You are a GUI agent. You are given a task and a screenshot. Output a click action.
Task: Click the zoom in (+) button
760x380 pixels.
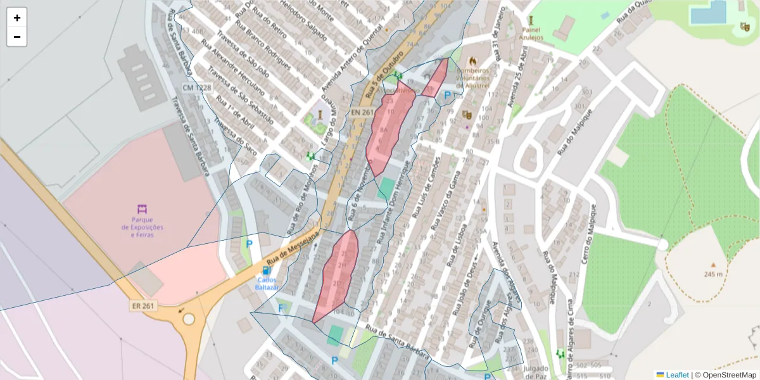point(17,18)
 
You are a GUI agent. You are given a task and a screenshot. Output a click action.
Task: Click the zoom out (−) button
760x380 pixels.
point(17,37)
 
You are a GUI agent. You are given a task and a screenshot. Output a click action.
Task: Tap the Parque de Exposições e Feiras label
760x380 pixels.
point(142,227)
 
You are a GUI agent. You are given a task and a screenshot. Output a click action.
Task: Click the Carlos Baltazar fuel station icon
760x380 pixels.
point(266,270)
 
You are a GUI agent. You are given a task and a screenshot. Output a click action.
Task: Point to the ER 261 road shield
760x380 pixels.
point(143,306)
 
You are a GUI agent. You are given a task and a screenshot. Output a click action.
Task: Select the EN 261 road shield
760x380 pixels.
point(362,112)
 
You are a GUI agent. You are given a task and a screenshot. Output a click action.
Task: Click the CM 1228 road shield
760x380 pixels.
point(197,87)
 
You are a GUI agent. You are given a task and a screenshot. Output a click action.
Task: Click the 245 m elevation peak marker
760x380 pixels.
point(713,265)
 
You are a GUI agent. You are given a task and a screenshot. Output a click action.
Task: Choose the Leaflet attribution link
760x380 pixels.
point(676,375)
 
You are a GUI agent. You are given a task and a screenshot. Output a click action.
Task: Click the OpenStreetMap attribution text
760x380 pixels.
point(725,375)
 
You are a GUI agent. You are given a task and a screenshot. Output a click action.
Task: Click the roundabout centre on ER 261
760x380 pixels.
point(189,319)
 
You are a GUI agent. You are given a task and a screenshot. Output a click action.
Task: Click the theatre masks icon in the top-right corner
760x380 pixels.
point(744,27)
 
